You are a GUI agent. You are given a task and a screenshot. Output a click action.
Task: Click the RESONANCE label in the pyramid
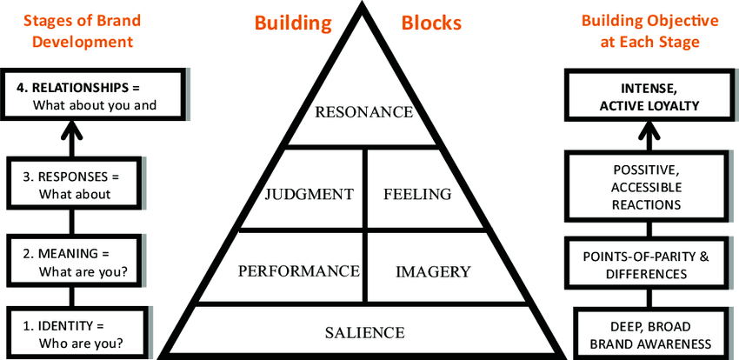pos(363,111)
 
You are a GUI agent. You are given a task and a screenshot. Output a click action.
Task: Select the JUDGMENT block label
pos(310,194)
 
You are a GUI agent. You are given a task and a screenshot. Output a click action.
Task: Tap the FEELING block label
pos(417,194)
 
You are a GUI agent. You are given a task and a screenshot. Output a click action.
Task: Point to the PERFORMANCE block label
pos(298,270)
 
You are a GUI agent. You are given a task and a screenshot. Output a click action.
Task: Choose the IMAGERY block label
pos(432,271)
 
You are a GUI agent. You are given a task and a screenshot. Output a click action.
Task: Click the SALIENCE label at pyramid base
pos(364,331)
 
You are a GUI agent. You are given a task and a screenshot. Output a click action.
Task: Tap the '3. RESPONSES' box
pos(74,185)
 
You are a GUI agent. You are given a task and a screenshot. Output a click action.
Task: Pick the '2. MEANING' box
pos(74,262)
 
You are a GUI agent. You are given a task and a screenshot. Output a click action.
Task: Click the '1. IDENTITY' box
pos(74,334)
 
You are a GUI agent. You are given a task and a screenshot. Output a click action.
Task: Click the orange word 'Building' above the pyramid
pos(293,23)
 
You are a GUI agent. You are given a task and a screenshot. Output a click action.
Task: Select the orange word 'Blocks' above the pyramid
pos(432,23)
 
